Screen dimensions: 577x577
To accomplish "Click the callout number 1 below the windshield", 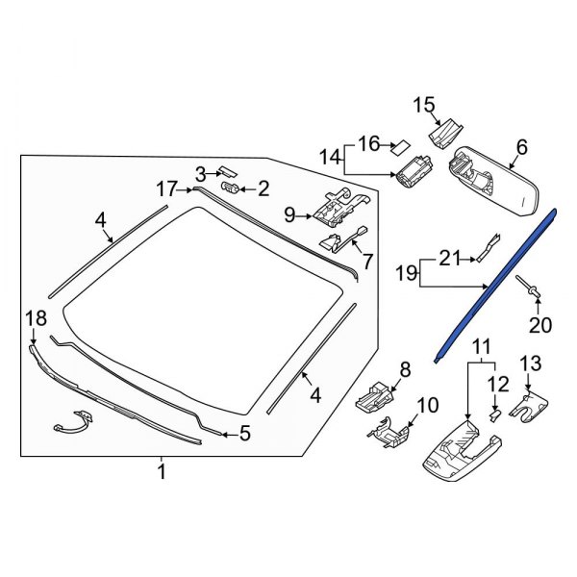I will pos(162,472).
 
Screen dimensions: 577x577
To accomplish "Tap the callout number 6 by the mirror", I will pos(522,147).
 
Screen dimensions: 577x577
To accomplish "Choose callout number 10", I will pos(427,405).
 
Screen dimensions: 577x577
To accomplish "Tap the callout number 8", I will pos(404,368).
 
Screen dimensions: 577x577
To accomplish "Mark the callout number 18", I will pos(35,318).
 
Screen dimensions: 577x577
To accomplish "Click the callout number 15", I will pos(424,105).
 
